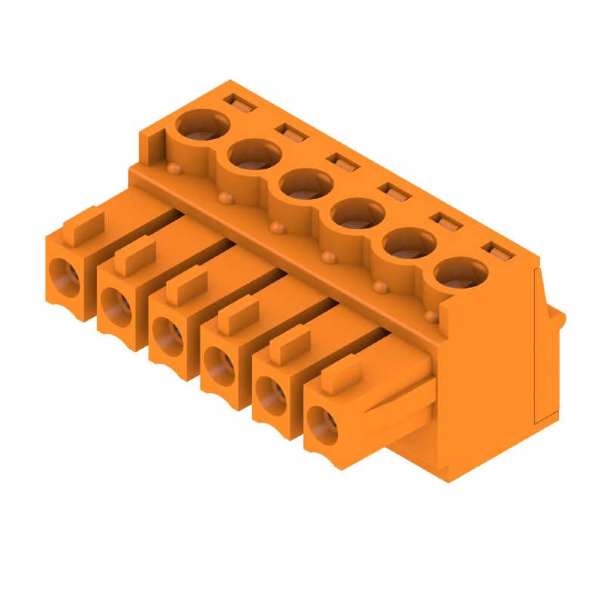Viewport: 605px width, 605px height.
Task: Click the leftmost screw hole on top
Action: [x=202, y=126]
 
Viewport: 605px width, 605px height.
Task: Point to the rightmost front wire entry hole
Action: [x=324, y=421]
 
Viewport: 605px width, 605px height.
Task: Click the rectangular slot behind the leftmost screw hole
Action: [x=240, y=101]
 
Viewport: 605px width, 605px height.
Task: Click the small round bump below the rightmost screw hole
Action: [x=431, y=315]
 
